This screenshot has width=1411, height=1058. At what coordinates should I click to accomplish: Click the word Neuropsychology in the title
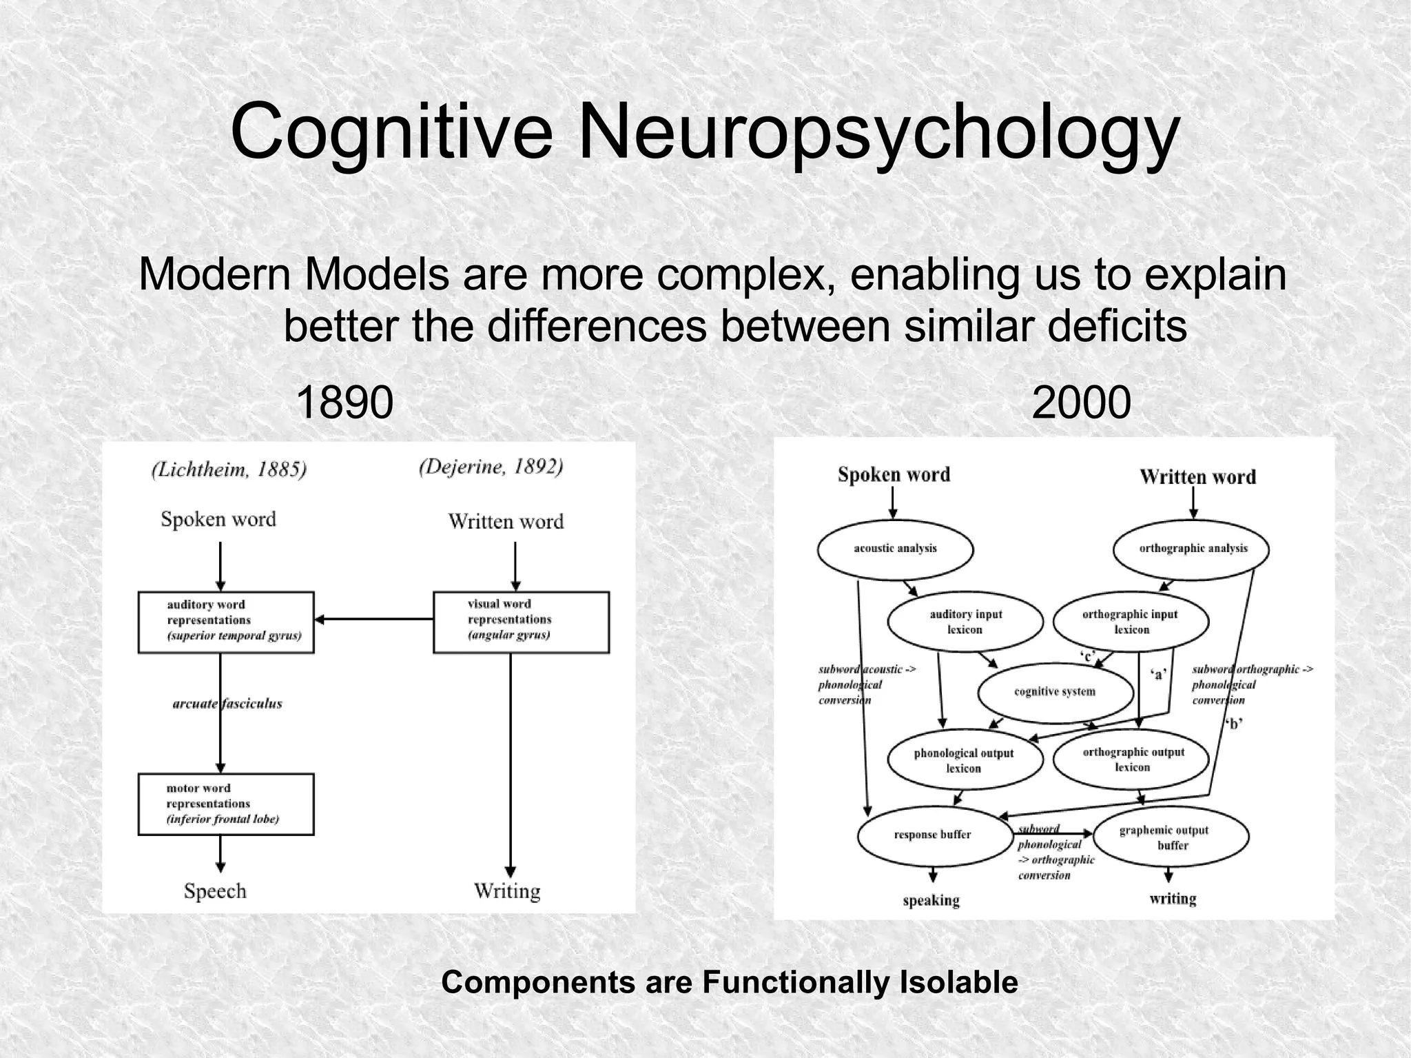tap(878, 131)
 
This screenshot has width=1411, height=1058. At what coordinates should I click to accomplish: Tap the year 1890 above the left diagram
tap(344, 403)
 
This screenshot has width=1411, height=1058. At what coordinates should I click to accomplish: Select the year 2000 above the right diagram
tap(1081, 403)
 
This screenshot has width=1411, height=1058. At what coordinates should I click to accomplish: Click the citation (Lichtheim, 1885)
tap(229, 469)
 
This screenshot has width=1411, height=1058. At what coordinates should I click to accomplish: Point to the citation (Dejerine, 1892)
tap(491, 467)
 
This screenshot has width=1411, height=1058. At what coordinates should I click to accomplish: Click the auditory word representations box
tap(226, 622)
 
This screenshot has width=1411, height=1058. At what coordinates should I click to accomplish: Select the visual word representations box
tap(521, 622)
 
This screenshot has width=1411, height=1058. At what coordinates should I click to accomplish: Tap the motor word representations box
tap(226, 804)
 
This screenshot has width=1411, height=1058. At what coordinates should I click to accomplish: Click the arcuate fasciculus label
tap(227, 704)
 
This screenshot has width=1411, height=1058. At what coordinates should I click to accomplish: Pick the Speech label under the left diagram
tap(215, 891)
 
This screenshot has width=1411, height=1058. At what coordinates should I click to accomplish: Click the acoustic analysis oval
tap(895, 549)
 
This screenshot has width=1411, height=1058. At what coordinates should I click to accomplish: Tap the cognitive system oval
tap(1055, 692)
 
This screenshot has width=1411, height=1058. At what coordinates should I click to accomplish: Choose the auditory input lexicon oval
tap(965, 622)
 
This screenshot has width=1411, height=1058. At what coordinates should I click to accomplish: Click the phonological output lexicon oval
tap(964, 760)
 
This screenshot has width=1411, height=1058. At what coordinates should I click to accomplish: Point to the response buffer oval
tap(932, 835)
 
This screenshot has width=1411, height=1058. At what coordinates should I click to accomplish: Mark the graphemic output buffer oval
tap(1170, 837)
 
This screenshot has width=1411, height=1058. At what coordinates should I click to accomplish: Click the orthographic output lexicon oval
tap(1132, 759)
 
